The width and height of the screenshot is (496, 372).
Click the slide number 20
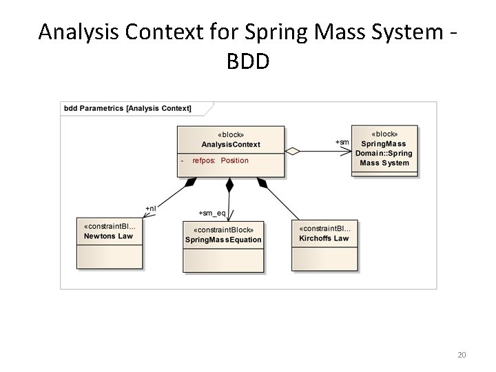[x=462, y=355]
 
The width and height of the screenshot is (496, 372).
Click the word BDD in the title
[x=248, y=61]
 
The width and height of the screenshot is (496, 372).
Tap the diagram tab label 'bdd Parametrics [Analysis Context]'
[x=128, y=108]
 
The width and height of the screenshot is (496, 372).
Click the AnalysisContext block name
[x=231, y=145]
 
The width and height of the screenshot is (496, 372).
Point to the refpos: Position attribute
[x=220, y=161]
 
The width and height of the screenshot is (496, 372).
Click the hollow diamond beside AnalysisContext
[x=292, y=151]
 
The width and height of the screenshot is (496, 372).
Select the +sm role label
[x=342, y=142]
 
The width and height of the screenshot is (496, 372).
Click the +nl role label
[x=150, y=208]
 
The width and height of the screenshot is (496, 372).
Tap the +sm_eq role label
[x=212, y=213]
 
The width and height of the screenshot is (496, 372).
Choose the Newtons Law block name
[x=108, y=236]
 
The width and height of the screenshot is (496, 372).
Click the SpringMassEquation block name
[x=223, y=240]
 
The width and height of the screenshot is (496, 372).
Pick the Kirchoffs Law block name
[x=324, y=238]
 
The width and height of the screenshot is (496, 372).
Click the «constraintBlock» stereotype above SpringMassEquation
[x=223, y=230]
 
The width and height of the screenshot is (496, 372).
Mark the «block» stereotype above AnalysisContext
[x=231, y=135]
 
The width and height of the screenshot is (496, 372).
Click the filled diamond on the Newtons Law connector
[x=191, y=183]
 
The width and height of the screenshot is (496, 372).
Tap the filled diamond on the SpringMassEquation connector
[x=230, y=185]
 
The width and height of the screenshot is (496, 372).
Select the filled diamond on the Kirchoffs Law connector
[x=262, y=183]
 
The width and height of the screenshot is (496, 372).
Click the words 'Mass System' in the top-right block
[x=384, y=163]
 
